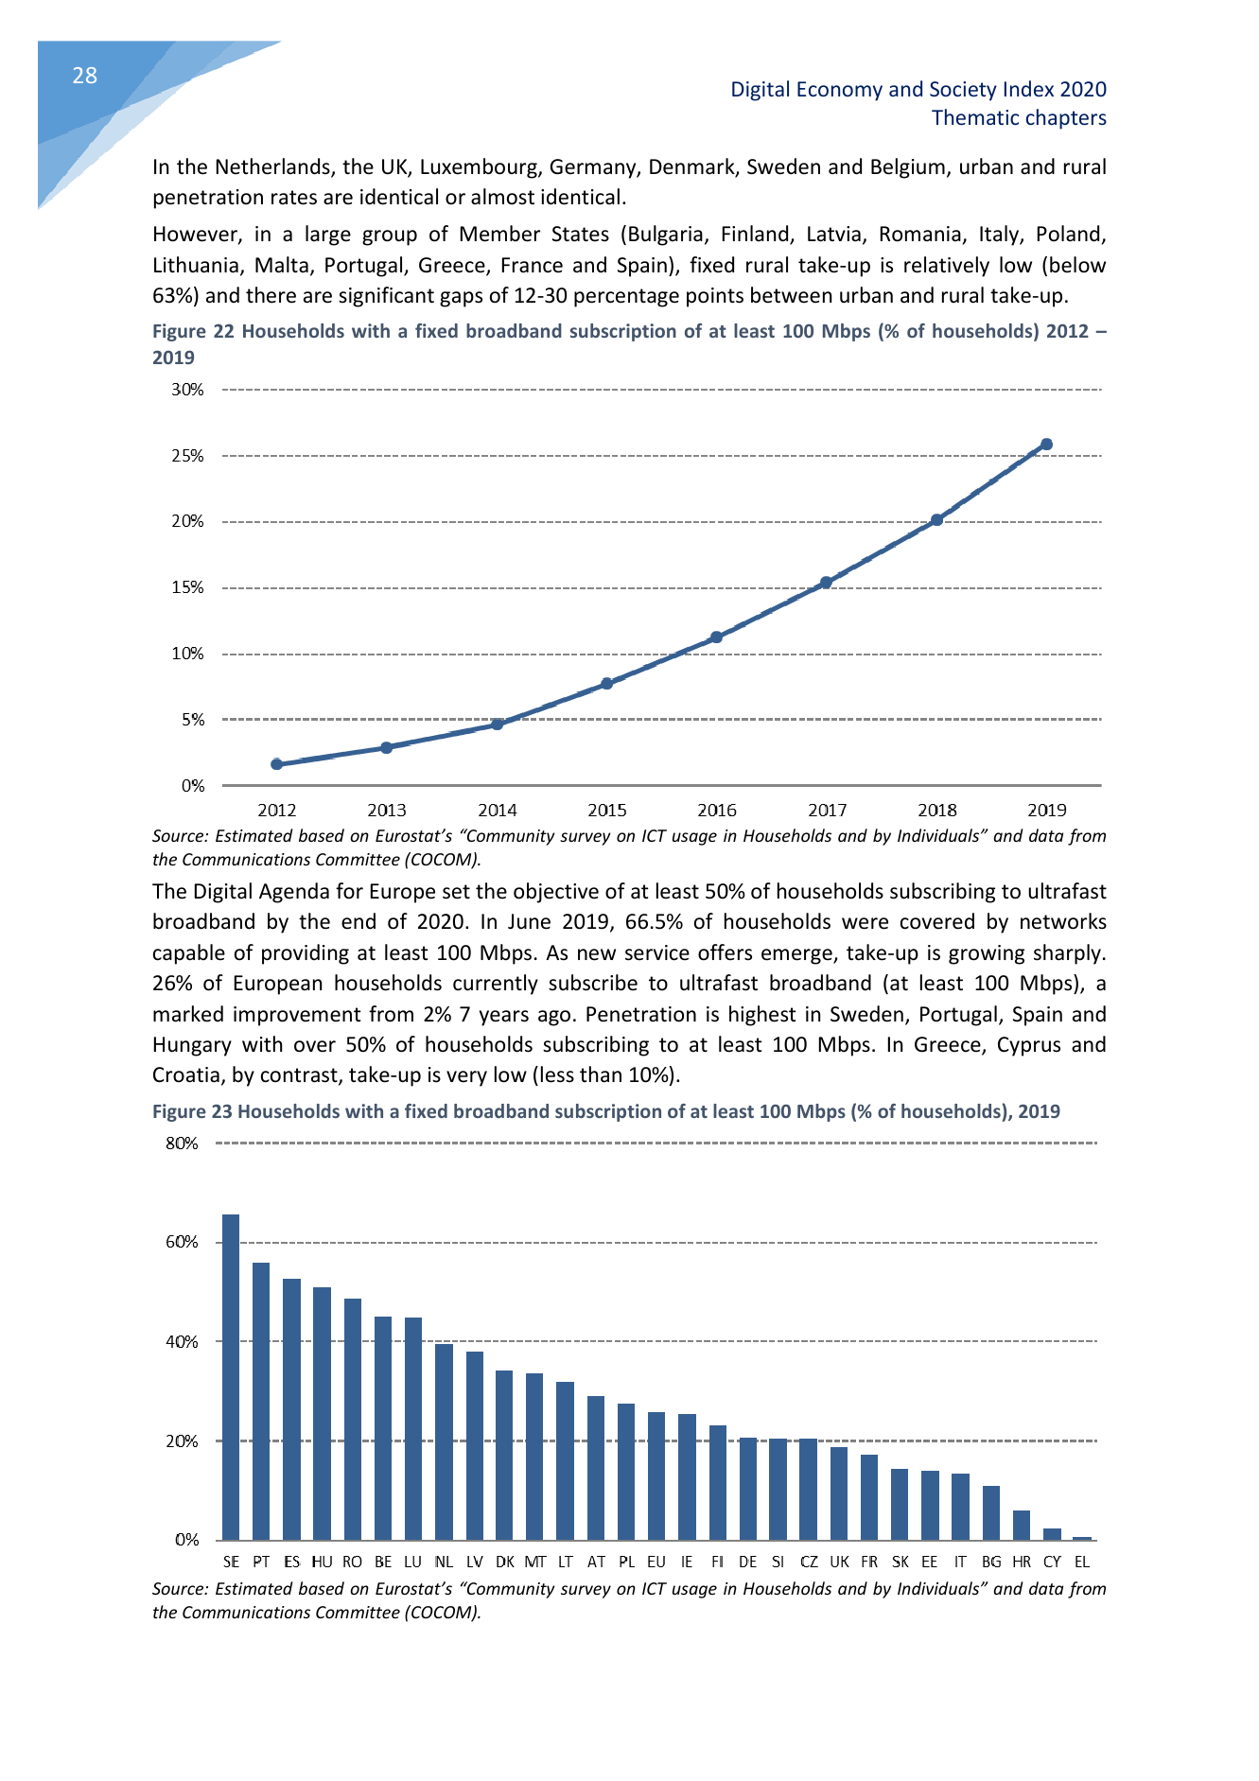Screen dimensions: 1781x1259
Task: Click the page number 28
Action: (x=84, y=76)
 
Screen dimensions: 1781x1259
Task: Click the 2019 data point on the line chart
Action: (x=1046, y=445)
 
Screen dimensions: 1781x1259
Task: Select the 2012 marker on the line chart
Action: (x=276, y=764)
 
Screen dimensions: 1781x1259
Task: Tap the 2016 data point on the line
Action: (x=716, y=637)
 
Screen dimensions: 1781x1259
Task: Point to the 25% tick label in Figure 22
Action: (x=187, y=456)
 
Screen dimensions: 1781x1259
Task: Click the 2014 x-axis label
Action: (x=497, y=811)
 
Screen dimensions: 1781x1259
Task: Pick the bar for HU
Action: (x=322, y=1413)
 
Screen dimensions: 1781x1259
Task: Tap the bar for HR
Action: (x=1022, y=1525)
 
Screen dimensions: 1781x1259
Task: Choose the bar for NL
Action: (x=444, y=1441)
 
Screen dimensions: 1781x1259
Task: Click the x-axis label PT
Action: (x=261, y=1562)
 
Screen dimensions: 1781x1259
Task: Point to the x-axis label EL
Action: (x=1082, y=1562)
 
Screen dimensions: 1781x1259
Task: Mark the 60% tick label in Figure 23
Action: (x=182, y=1242)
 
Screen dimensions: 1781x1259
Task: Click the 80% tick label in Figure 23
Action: (x=182, y=1144)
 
